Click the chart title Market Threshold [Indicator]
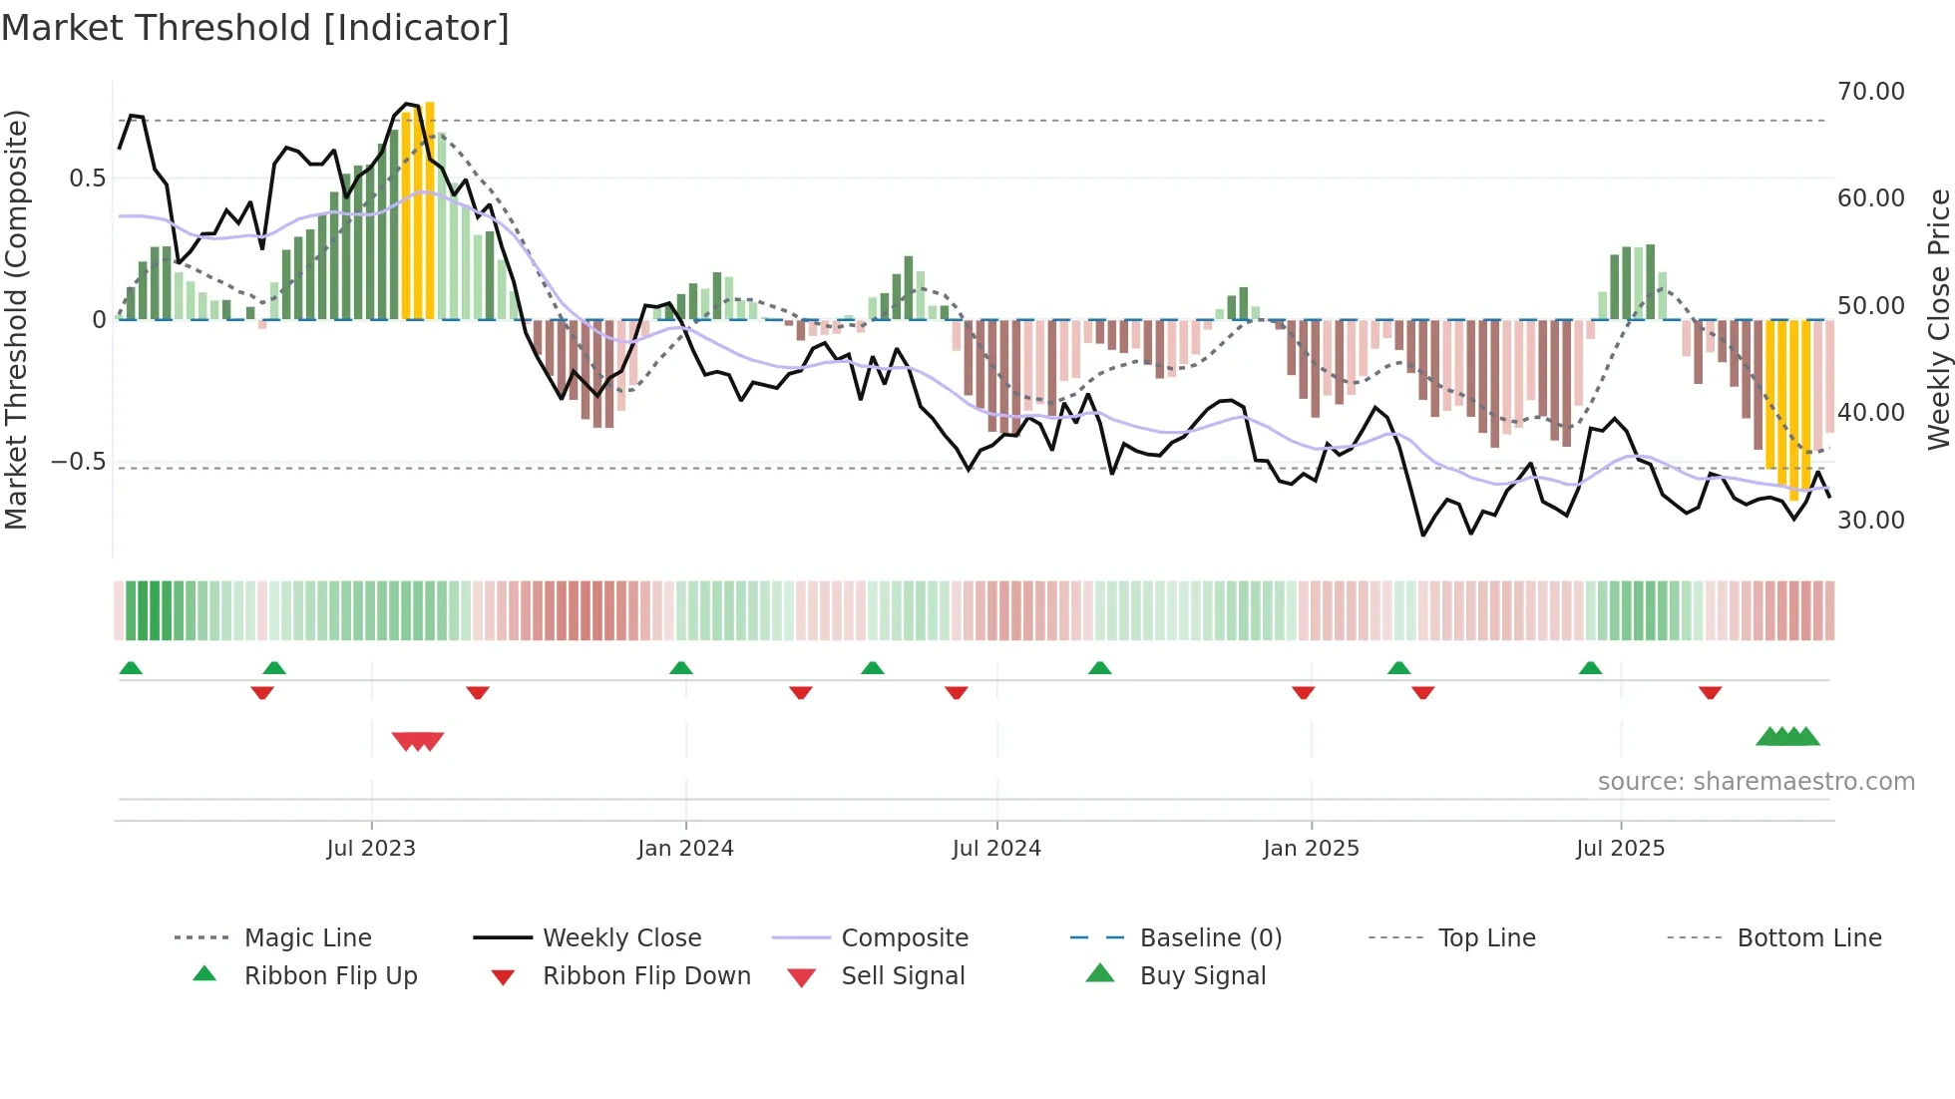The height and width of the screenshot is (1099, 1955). [255, 28]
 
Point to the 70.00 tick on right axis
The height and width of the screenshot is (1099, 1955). [1870, 92]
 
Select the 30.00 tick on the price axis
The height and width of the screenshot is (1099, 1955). [1870, 520]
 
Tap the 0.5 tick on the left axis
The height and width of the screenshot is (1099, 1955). [87, 179]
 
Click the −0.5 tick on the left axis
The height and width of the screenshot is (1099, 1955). [78, 462]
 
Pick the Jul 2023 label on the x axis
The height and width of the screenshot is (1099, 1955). [371, 849]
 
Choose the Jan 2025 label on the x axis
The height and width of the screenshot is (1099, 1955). [1311, 849]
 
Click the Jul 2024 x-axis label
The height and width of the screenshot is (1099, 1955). [996, 849]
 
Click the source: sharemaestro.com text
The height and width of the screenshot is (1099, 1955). [1756, 782]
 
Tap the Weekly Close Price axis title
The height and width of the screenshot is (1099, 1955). [1938, 319]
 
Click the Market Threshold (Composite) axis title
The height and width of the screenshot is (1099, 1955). [16, 319]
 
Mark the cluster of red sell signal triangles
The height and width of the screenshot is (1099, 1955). [418, 741]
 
